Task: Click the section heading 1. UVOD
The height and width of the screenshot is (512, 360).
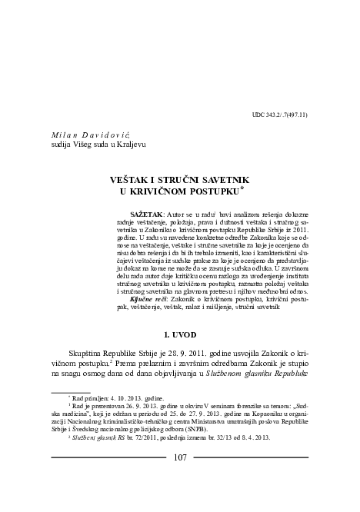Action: [180, 336]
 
